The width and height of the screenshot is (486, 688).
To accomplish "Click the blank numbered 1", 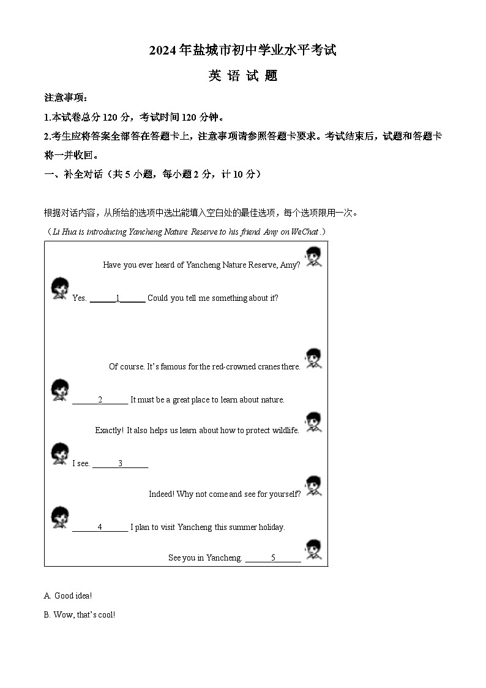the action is [118, 298].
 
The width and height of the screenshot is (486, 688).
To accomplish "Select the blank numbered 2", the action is [100, 400].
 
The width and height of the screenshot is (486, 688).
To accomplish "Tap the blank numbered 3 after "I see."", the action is [120, 464].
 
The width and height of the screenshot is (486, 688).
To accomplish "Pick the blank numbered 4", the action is [100, 527].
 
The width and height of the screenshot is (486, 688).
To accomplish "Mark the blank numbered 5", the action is [273, 558].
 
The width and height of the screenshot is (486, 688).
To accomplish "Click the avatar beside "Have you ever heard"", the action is [313, 256].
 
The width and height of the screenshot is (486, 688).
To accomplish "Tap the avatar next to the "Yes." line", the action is [59, 288].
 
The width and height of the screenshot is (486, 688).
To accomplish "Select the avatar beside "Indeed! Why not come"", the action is [313, 485].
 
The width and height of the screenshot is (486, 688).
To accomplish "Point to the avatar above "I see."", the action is [59, 453].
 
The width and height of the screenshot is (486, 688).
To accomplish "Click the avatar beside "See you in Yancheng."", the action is [313, 550].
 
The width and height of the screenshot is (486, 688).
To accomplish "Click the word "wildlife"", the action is [285, 431].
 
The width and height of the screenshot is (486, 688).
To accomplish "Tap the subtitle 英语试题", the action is [243, 76].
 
